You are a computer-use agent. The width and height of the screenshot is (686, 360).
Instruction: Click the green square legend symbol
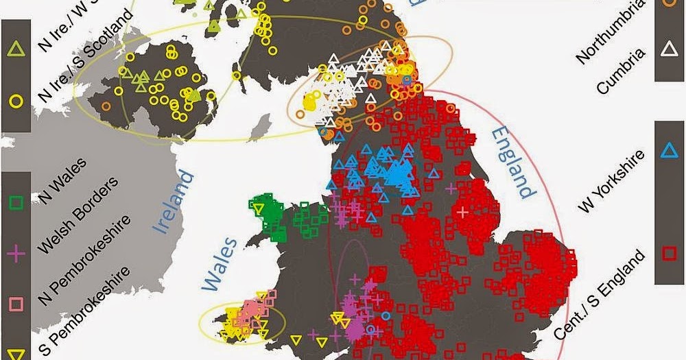(x=16, y=204)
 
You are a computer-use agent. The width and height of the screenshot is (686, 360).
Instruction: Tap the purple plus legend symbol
(x=16, y=253)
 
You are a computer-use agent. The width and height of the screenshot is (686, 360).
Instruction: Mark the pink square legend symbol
(x=16, y=302)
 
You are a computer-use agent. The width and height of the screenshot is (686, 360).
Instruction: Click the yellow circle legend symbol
(x=16, y=100)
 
